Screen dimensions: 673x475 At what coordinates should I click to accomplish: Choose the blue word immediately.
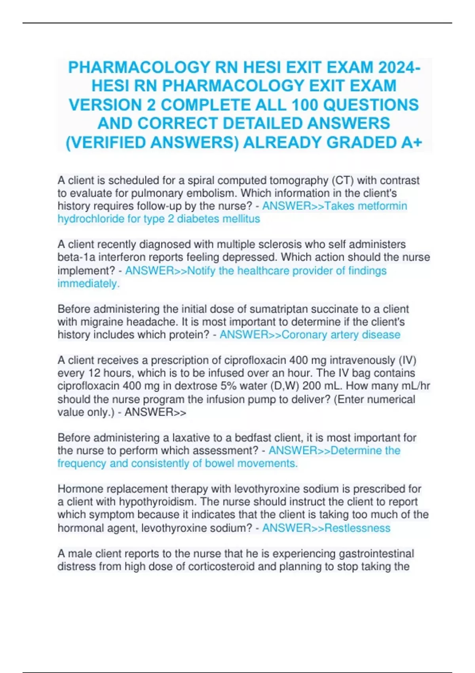88,283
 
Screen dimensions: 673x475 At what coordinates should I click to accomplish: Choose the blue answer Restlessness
357,528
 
